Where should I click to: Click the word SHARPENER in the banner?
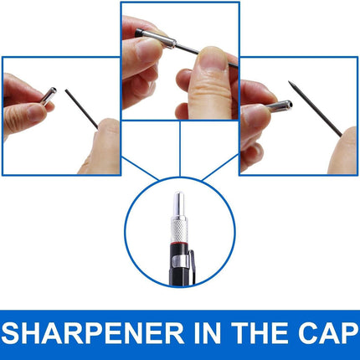click(x=93, y=333)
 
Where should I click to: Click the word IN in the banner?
click(x=208, y=333)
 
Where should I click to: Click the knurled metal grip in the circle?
click(x=179, y=229)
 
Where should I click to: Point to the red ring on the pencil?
click(x=179, y=244)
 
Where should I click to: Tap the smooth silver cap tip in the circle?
click(x=178, y=203)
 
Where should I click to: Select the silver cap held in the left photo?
click(x=49, y=96)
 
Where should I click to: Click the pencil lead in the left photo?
click(x=81, y=109)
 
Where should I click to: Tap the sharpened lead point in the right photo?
click(x=291, y=84)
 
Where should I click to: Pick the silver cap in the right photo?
click(x=279, y=105)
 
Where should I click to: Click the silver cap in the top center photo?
click(x=158, y=38)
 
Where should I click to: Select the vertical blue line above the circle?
click(x=180, y=149)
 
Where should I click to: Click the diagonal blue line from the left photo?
click(x=140, y=168)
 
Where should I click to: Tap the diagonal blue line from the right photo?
click(x=220, y=168)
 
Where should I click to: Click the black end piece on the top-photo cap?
click(x=138, y=33)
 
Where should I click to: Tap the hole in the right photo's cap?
click(x=291, y=105)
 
